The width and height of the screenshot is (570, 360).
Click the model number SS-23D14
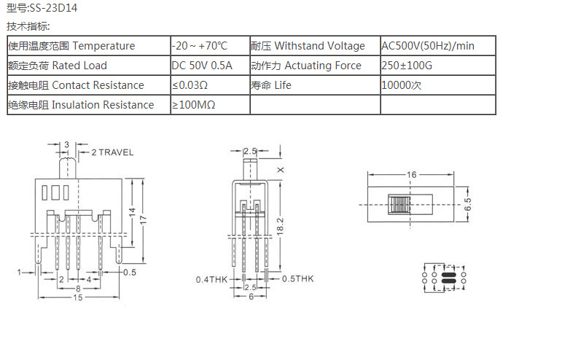coord(52,9)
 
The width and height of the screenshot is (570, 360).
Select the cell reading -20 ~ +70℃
coord(200,46)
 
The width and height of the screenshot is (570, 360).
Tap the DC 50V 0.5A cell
coord(202,66)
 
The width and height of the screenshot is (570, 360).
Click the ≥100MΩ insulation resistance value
coord(193,105)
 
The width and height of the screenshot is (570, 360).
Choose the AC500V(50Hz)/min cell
coord(428,46)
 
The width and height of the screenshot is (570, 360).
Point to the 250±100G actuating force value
coord(407,66)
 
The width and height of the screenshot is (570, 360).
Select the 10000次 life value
coord(402,85)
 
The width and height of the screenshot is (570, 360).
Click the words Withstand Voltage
coord(320,46)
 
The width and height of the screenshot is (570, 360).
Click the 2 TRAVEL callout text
coord(112,152)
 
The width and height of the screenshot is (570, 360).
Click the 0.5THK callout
coord(298,279)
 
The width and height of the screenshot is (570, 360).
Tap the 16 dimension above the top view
coord(412,175)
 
